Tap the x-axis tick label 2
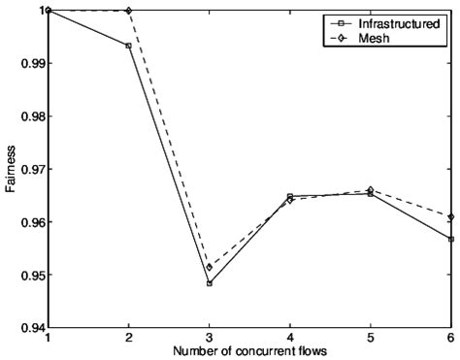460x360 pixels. click(128, 336)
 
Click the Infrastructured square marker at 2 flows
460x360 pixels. click(128, 46)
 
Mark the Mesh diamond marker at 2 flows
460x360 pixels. click(128, 11)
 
